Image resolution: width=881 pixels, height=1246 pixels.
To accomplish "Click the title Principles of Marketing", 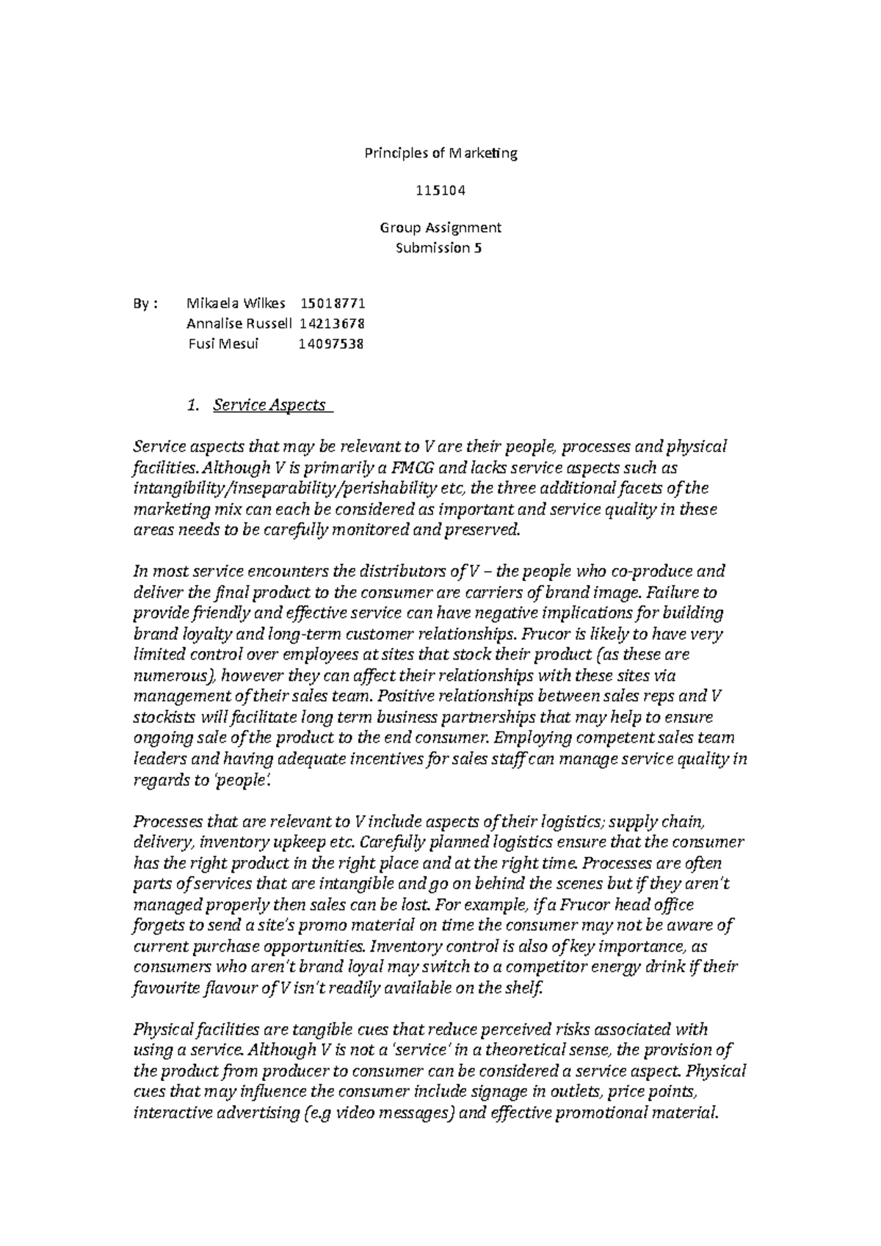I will pos(440,153).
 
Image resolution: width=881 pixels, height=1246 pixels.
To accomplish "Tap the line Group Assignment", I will pos(440,227).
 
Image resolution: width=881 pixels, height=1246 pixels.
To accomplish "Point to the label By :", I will pos(145,303).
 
